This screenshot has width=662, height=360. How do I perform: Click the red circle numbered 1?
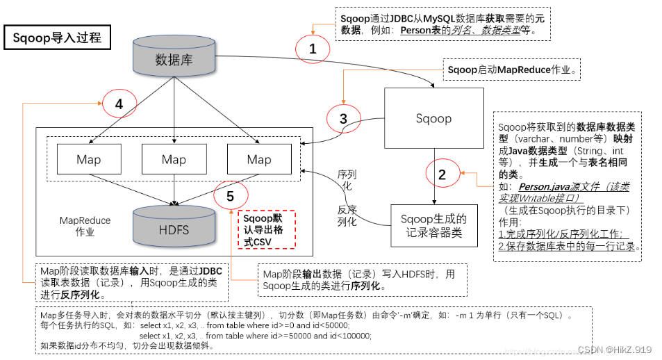click(313, 49)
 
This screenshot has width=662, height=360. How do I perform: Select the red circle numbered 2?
click(442, 174)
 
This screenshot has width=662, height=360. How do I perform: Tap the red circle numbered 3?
click(343, 118)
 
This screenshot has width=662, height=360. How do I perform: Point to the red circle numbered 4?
click(119, 104)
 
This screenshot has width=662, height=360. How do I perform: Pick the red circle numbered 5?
click(230, 196)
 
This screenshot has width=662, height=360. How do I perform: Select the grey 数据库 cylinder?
click(173, 58)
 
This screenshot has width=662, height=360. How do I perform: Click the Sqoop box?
click(434, 118)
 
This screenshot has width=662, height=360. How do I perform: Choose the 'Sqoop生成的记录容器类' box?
click(433, 224)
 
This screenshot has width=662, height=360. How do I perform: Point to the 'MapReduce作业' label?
click(85, 226)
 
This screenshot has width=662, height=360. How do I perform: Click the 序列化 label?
click(347, 179)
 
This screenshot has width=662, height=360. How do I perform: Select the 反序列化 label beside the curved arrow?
click(347, 216)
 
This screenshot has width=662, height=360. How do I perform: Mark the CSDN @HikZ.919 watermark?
click(614, 350)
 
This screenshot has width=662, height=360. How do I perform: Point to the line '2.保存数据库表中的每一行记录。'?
click(569, 246)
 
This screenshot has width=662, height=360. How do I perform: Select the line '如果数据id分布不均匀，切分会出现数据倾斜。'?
click(126, 345)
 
